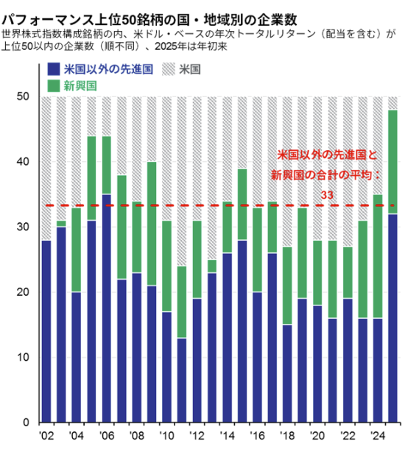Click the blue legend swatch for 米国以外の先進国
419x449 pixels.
point(54,69)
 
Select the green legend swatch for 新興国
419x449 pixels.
point(54,86)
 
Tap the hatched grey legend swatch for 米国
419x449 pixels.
point(169,69)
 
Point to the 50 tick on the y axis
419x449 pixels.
point(23,96)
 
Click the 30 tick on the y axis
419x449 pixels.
point(23,227)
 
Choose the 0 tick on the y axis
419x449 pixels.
point(26,423)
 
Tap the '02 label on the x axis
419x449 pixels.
point(46,436)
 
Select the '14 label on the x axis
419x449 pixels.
point(228,436)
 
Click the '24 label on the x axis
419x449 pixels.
point(378,436)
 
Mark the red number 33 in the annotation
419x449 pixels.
point(327,195)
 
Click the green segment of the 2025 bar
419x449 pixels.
point(392,162)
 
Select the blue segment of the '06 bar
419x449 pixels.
point(107,308)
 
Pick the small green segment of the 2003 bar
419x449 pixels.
point(61,224)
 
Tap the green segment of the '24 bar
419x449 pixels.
point(378,257)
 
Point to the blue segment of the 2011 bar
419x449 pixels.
point(182,381)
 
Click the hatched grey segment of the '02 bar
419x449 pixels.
point(46,169)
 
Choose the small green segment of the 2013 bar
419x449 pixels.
point(212,266)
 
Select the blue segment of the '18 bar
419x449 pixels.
point(287,374)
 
